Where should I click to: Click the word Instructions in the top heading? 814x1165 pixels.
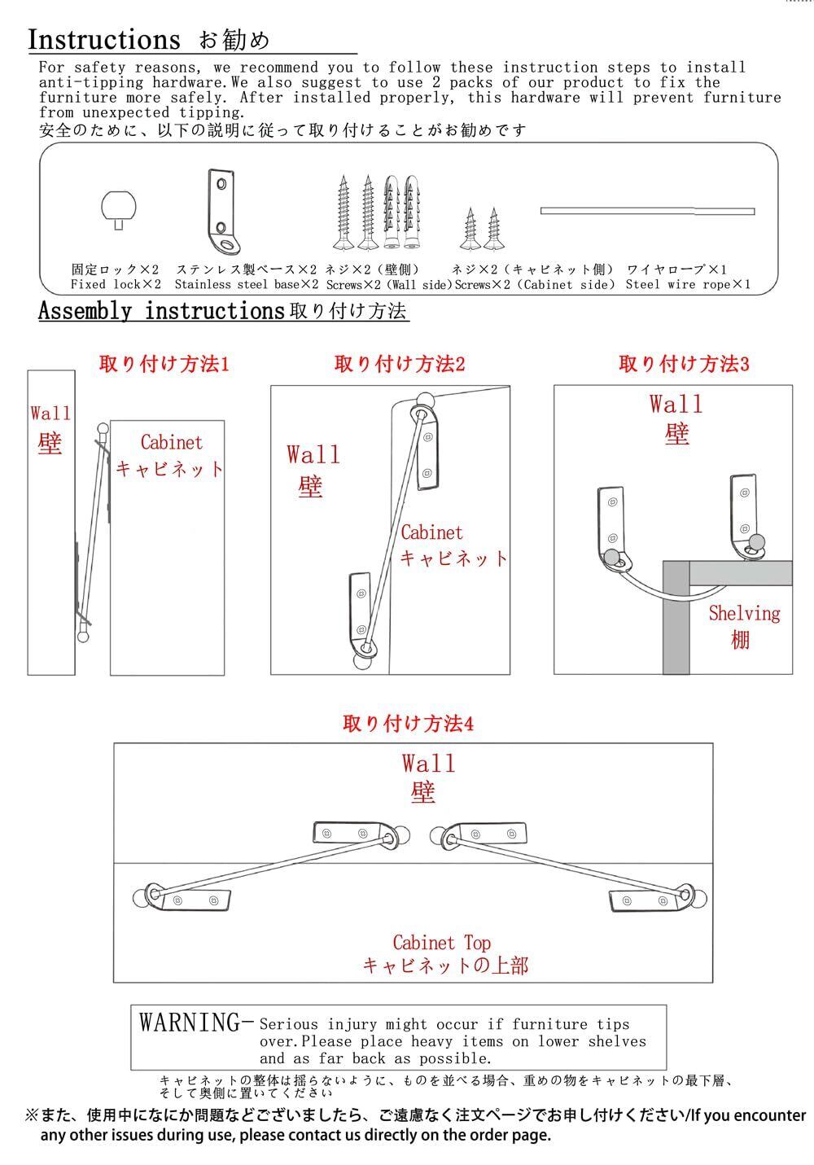pos(104,39)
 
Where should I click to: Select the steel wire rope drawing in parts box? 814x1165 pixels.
pos(647,211)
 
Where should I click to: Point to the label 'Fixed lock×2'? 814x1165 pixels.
pos(116,285)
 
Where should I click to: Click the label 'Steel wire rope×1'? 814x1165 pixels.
pos(688,285)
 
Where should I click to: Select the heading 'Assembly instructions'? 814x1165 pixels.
pos(161,311)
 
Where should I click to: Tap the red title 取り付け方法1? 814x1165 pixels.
pos(164,364)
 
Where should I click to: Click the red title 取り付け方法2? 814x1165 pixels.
pos(400,364)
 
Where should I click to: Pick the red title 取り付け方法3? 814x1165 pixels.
pos(684,364)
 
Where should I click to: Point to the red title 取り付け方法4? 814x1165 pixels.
pos(408,724)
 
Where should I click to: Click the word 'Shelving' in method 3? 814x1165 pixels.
pos(744,613)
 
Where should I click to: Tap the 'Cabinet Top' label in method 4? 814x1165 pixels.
pos(442,943)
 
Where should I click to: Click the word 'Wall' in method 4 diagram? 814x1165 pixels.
pos(428,764)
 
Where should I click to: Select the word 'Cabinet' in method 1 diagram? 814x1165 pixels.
pos(171,443)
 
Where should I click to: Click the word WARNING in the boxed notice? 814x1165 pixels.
pos(191,1023)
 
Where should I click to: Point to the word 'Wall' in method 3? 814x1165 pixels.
pos(676,404)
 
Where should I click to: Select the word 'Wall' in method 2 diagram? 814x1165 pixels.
pos(313,454)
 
